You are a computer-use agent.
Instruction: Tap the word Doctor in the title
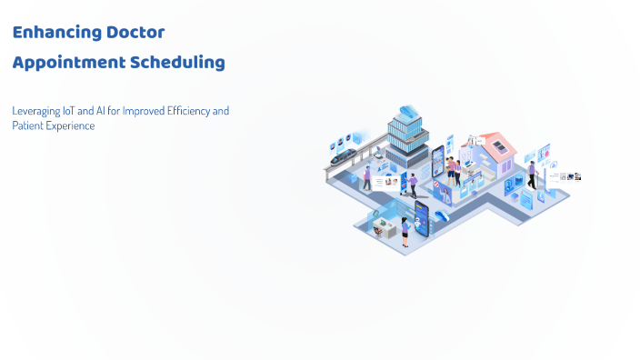135,33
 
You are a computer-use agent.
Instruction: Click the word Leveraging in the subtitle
35,111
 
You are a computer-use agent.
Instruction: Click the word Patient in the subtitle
26,126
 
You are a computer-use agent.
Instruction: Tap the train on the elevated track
344,156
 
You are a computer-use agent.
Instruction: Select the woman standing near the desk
405,231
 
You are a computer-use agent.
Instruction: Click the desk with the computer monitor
384,228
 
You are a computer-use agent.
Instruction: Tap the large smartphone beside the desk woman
421,217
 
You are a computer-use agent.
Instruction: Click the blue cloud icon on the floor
442,215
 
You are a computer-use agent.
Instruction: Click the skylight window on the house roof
498,147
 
